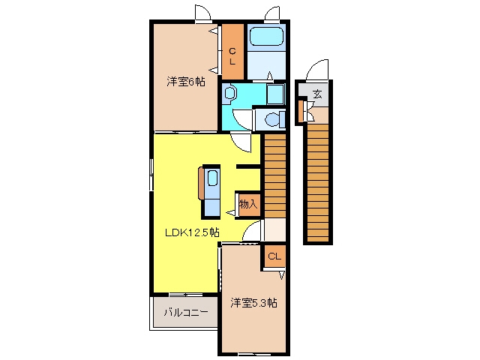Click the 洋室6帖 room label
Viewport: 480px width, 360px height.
click(186, 82)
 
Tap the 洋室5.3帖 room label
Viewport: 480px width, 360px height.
click(253, 303)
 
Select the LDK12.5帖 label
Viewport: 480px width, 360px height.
click(192, 232)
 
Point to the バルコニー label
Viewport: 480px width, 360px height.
click(186, 313)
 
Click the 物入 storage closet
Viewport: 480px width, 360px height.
click(248, 205)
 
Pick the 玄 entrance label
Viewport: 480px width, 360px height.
click(317, 94)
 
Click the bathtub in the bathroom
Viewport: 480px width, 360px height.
click(267, 37)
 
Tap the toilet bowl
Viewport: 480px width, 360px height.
click(272, 119)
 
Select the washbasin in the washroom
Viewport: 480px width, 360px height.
click(229, 92)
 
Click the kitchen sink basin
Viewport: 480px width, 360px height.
click(212, 178)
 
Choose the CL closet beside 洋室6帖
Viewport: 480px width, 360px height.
click(232, 52)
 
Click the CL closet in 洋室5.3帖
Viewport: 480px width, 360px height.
click(274, 256)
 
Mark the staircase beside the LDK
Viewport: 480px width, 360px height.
click(275, 176)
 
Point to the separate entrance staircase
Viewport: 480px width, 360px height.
click(318, 181)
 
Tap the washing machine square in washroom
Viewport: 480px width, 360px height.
click(275, 94)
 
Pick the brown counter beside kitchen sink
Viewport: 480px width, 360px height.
click(200, 183)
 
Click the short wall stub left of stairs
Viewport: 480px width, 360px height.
click(248, 166)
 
